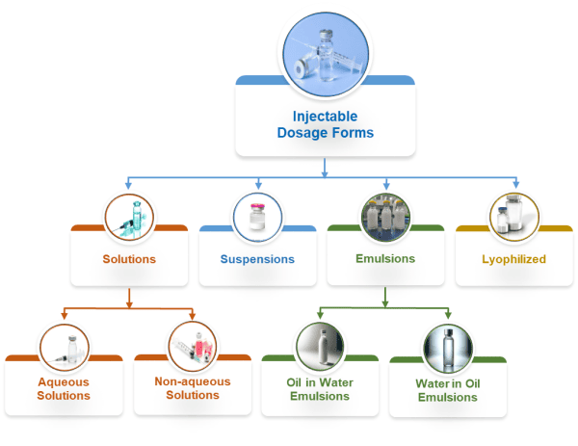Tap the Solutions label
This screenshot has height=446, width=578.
pyautogui.click(x=129, y=259)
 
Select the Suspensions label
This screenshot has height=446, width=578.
pyautogui.click(x=257, y=259)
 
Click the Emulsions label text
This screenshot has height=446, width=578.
pyautogui.click(x=385, y=258)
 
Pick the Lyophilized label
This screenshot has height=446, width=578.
pyautogui.click(x=513, y=259)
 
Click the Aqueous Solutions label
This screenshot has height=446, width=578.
pyautogui.click(x=64, y=388)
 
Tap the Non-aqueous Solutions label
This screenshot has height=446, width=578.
pyautogui.click(x=193, y=388)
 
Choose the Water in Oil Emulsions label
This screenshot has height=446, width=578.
pyautogui.click(x=448, y=390)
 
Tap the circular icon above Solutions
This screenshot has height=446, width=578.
pyautogui.click(x=129, y=218)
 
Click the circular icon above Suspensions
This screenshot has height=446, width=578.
pyautogui.click(x=257, y=218)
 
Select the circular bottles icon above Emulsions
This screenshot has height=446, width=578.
pyautogui.click(x=385, y=218)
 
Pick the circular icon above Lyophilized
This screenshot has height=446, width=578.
pyautogui.click(x=513, y=218)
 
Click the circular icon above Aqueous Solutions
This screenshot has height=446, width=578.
pyautogui.click(x=64, y=346)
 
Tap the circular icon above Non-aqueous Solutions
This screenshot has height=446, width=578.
pyautogui.click(x=193, y=346)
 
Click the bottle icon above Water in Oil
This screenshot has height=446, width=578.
pyautogui.click(x=448, y=349)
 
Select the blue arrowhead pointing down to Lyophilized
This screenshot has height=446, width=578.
pyautogui.click(x=515, y=184)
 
